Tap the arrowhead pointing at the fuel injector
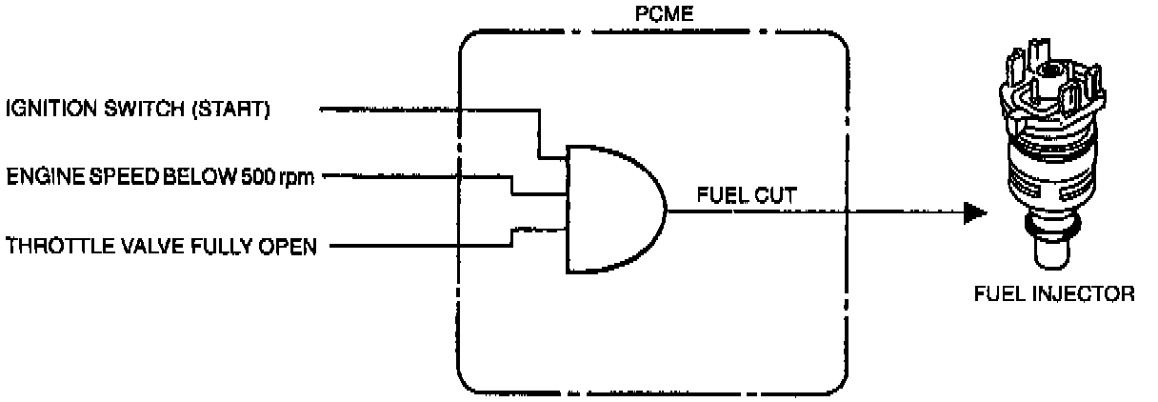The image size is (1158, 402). (x=973, y=212)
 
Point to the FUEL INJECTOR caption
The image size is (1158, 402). (x=1052, y=294)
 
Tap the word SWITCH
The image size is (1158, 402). (x=139, y=111)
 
